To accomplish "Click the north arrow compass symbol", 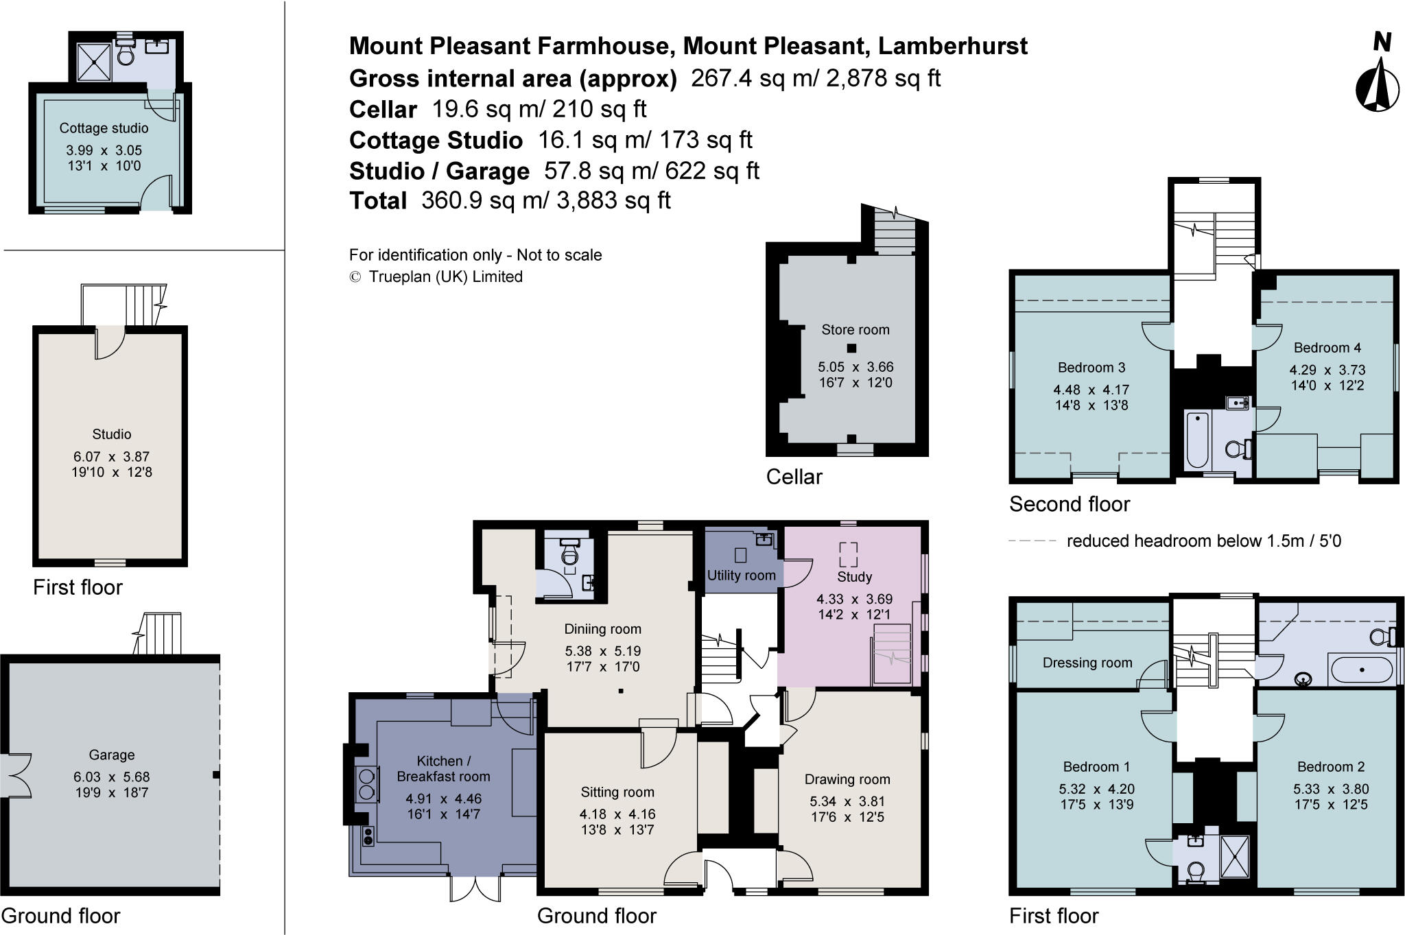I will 1378,85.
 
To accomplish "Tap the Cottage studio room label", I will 104,128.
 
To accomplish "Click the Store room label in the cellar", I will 855,330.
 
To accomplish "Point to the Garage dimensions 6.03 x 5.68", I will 111,777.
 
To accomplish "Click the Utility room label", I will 741,576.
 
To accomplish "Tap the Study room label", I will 854,577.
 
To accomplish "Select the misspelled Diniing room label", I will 602,629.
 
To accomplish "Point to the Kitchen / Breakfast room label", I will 443,769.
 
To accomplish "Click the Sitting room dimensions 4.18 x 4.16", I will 617,814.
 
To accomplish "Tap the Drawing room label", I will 847,779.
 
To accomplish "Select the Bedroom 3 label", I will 1091,368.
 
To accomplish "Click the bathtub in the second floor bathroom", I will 1198,438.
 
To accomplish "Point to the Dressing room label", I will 1087,663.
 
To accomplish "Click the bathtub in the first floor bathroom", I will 1361,670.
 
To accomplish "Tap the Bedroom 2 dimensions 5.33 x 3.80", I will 1330,789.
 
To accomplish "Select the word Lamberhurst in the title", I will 952,46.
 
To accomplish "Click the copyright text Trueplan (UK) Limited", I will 445,276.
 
